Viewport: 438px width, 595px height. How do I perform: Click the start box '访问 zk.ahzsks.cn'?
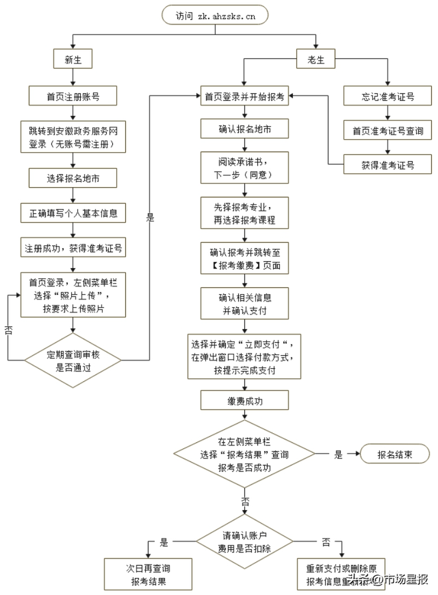214,15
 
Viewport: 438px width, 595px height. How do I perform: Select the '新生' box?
73,60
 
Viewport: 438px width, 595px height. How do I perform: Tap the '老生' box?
315,60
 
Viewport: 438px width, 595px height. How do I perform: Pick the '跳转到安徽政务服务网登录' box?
73,136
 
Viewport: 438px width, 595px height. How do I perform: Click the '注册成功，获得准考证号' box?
73,247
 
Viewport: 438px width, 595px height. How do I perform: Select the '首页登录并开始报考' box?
244,96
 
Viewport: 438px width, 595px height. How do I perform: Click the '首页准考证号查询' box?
387,130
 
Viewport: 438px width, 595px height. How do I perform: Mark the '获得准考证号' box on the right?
387,164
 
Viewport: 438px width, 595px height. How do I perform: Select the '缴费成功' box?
244,400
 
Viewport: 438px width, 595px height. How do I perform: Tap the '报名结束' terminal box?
395,454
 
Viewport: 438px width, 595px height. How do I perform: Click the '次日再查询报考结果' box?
146,574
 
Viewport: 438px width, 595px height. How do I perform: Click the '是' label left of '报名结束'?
338,454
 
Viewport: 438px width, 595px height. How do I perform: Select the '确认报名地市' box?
244,129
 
